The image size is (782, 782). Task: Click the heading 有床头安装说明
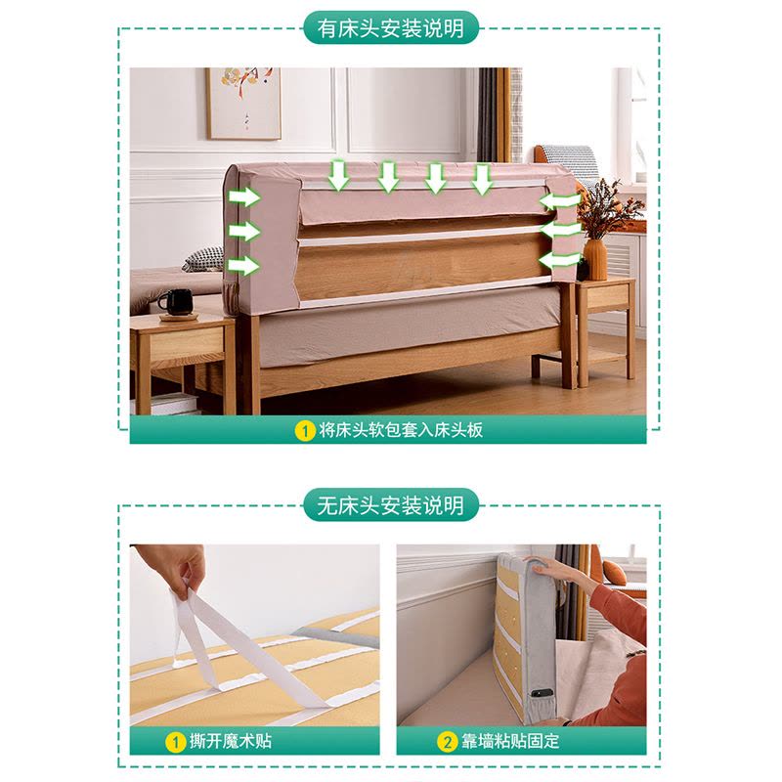[391, 28]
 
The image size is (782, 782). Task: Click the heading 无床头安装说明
[391, 505]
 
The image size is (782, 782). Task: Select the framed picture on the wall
[244, 104]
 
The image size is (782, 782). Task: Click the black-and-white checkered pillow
[203, 259]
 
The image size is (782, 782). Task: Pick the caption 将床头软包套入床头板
[401, 430]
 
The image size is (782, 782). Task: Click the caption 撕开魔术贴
[231, 741]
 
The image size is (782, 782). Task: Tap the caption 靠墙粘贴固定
[509, 741]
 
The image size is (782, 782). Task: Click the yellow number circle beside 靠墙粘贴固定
[447, 742]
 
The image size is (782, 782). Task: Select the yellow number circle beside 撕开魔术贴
[175, 742]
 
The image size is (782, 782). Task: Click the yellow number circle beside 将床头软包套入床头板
[305, 431]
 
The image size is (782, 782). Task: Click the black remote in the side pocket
[542, 693]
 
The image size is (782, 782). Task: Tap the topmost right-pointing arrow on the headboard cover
[244, 197]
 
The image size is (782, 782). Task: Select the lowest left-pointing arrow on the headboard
[559, 260]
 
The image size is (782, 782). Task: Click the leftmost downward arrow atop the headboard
[338, 175]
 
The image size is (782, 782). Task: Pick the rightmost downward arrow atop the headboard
[482, 179]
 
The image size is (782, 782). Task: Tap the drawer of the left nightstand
[187, 346]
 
